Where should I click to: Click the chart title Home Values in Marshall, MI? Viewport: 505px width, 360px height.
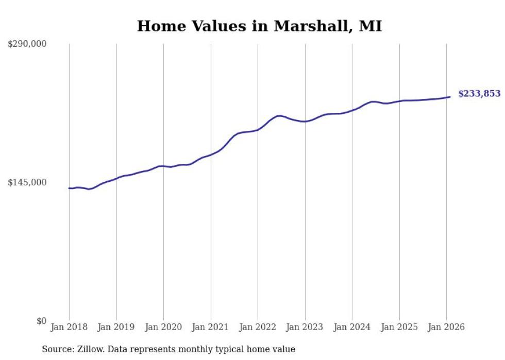click(x=259, y=26)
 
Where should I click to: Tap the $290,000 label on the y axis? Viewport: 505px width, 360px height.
click(x=27, y=44)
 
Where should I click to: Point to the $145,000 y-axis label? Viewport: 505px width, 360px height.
click(x=27, y=183)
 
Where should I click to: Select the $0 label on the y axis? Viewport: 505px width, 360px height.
click(x=41, y=321)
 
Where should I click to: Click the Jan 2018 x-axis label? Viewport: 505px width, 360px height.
click(x=69, y=328)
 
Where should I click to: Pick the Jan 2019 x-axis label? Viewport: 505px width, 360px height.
click(x=116, y=328)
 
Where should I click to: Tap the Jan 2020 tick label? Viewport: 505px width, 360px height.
click(x=163, y=328)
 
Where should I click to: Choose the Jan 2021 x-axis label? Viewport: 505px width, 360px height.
click(x=211, y=328)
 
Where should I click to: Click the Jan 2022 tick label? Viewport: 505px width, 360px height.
click(x=258, y=328)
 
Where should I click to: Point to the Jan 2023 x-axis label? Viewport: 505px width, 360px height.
click(x=305, y=328)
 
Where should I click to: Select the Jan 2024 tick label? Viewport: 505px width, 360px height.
click(x=352, y=328)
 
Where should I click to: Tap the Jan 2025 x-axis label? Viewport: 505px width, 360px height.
click(x=399, y=328)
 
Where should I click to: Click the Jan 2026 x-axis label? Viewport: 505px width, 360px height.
click(x=446, y=328)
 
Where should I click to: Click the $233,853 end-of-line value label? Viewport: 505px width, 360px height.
click(x=479, y=94)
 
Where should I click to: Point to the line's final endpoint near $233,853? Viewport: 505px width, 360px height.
click(x=450, y=97)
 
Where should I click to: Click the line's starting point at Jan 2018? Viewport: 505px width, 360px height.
click(x=69, y=188)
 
